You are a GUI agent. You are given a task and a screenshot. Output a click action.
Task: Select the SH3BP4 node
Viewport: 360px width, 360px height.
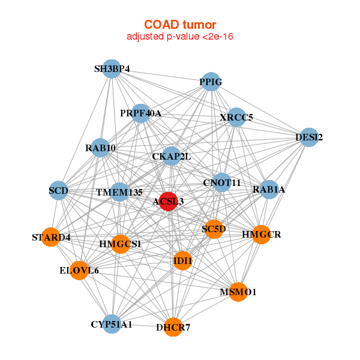(x=111, y=69)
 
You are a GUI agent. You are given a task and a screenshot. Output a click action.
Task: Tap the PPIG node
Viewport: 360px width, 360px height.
(x=211, y=82)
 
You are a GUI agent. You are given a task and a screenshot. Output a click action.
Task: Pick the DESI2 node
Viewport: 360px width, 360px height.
(x=308, y=137)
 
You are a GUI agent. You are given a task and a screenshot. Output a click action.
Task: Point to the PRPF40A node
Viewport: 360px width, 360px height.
(x=140, y=113)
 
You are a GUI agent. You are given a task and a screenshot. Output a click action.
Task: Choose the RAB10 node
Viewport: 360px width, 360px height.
(x=101, y=148)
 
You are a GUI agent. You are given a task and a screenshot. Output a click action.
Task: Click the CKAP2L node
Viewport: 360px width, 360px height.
(x=172, y=157)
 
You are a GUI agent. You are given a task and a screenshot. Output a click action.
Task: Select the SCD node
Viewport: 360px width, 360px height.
(x=59, y=191)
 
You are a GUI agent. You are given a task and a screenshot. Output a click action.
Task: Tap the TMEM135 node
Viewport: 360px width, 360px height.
(x=119, y=192)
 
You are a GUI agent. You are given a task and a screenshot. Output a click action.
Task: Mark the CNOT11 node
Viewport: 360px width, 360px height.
(x=221, y=182)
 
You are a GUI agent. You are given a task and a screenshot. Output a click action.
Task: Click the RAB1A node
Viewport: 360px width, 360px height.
(x=269, y=190)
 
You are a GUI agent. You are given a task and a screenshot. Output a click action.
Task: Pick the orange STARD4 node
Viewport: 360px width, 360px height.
(x=51, y=237)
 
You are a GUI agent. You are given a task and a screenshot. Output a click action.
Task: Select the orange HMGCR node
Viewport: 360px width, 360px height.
(x=261, y=234)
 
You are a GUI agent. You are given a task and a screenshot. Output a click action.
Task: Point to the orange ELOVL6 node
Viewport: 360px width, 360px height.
(x=79, y=271)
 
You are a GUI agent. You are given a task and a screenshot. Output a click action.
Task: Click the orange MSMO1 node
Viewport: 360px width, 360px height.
(x=238, y=292)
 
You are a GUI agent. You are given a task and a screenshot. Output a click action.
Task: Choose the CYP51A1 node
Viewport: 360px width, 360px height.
(x=111, y=324)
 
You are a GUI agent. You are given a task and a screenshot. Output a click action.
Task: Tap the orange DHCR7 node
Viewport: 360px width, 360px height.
(x=173, y=327)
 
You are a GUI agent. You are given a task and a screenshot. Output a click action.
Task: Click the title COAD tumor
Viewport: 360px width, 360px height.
(x=180, y=25)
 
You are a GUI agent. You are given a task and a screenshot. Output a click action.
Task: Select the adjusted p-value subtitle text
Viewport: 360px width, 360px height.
(x=180, y=37)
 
